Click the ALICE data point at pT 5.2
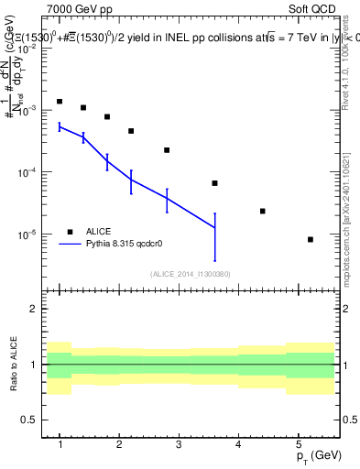(x=311, y=239)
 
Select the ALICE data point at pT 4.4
(x=263, y=211)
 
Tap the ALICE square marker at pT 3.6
(x=215, y=183)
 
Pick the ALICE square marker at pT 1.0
(x=60, y=102)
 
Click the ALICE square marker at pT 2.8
(x=167, y=150)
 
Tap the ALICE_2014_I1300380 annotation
(x=191, y=274)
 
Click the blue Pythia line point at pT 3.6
(x=215, y=227)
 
